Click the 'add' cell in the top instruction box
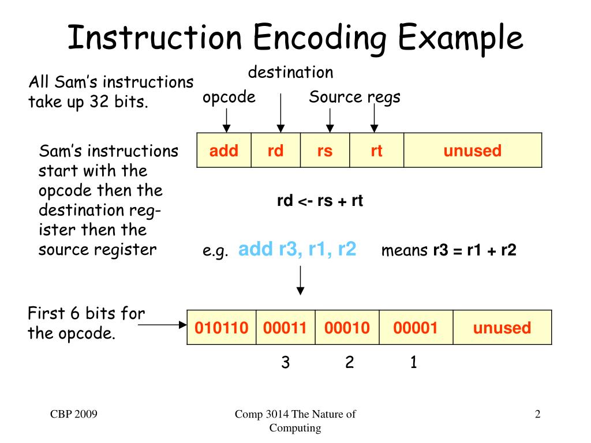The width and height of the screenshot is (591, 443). (x=224, y=151)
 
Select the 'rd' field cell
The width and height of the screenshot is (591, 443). (x=275, y=151)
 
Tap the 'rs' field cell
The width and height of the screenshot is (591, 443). (x=325, y=151)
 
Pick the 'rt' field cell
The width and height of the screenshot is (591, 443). (x=376, y=151)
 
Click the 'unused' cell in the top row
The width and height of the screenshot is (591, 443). (x=472, y=151)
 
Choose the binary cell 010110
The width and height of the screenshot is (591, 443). (x=222, y=328)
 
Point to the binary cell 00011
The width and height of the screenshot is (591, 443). (x=285, y=328)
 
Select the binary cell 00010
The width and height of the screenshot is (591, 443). (x=347, y=328)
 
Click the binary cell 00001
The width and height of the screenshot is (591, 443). (x=416, y=328)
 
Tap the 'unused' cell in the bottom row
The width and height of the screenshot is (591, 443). (x=502, y=328)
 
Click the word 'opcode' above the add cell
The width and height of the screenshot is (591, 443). (x=229, y=97)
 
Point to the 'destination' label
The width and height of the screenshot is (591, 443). (x=290, y=73)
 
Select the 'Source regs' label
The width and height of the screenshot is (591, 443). (x=354, y=97)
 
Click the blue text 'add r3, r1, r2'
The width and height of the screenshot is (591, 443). (x=297, y=250)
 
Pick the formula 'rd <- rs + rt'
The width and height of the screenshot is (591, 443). (x=320, y=201)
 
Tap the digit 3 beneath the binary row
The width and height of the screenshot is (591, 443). (x=285, y=362)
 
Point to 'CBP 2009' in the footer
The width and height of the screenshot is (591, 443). (x=73, y=414)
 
